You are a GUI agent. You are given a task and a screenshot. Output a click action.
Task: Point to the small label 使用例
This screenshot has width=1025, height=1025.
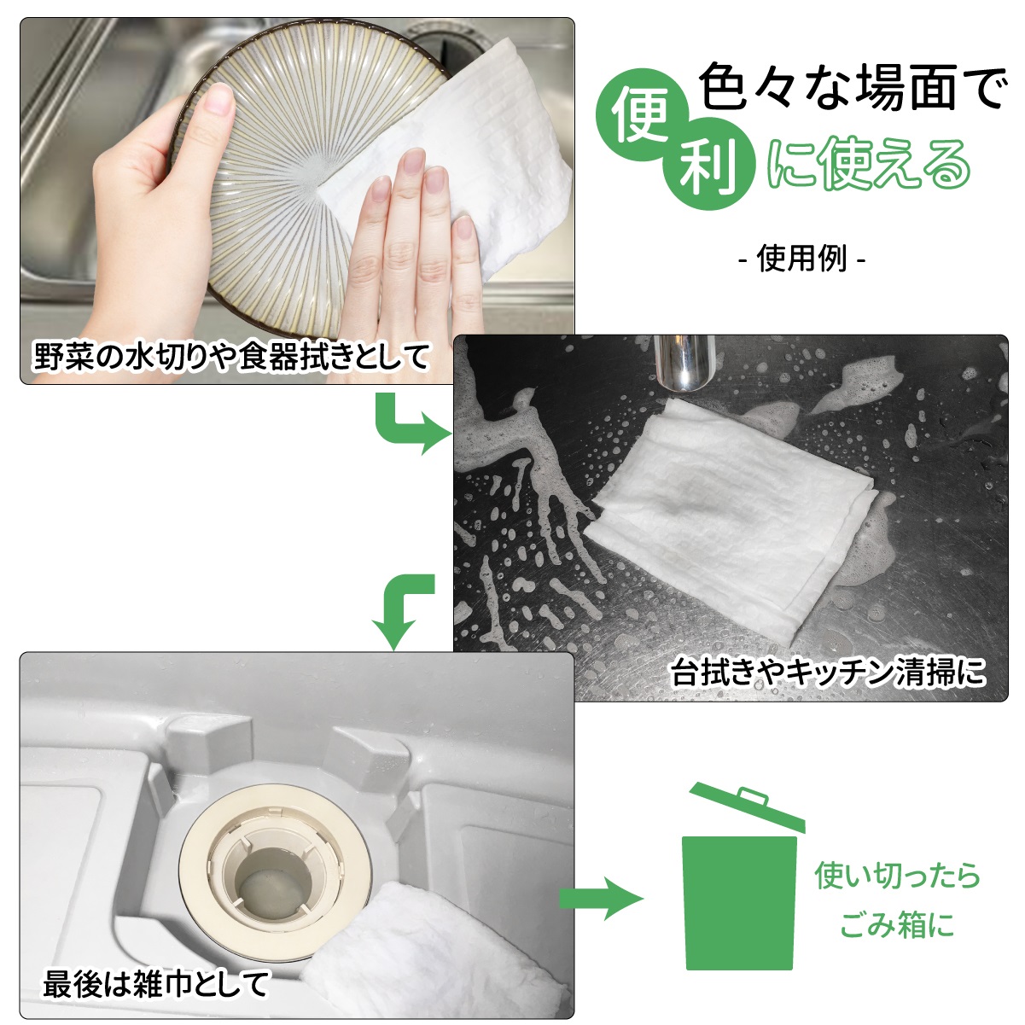click(801, 259)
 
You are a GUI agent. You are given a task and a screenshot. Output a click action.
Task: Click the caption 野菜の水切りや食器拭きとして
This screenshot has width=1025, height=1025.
click(231, 356)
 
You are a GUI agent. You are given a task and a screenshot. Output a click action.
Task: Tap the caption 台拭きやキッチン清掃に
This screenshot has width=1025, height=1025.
click(828, 672)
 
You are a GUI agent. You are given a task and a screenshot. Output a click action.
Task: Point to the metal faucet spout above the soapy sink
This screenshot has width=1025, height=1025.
click(684, 363)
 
